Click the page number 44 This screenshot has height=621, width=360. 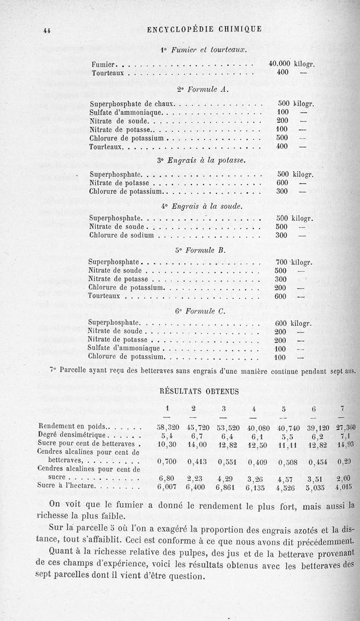pyautogui.click(x=46, y=30)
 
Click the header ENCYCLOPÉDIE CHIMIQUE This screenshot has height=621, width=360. pyautogui.click(x=204, y=30)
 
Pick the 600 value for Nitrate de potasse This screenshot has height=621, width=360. pyautogui.click(x=282, y=183)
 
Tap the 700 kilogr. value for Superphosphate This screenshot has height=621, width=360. pyautogui.click(x=293, y=262)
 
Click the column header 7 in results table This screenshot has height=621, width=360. pyautogui.click(x=342, y=409)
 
